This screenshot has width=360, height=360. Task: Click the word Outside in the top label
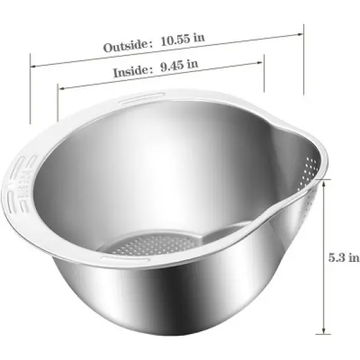tap(125, 46)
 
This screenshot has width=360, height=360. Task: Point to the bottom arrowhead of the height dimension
tap(324, 333)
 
